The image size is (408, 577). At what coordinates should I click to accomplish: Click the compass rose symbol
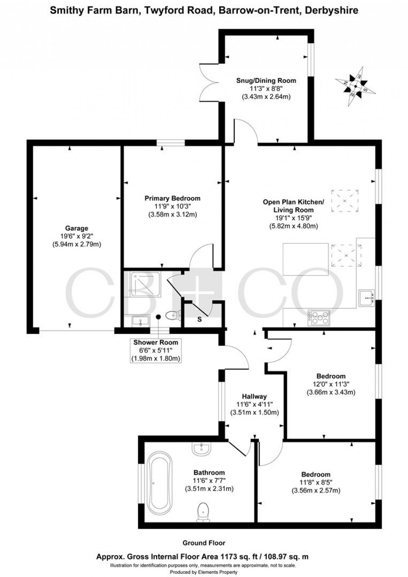pos(355,86)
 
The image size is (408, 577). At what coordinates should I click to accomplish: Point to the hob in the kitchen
pos(318,318)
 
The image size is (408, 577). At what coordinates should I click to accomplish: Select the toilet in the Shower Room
pos(173,315)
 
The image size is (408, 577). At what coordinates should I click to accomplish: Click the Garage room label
pos(77,228)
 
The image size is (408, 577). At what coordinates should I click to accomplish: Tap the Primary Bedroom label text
pos(172,198)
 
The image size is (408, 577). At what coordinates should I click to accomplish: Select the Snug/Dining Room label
pos(266,80)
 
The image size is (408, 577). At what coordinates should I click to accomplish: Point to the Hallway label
pos(254,396)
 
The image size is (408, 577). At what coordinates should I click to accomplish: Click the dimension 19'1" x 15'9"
pos(293,218)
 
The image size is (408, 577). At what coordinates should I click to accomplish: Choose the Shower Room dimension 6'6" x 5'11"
pos(156,350)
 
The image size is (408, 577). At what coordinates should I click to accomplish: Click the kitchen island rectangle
pos(306,259)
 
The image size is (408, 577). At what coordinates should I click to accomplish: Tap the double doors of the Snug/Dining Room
pos(209,84)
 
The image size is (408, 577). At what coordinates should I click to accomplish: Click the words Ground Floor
pos(204,543)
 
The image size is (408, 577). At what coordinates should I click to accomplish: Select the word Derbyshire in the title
pos(332,10)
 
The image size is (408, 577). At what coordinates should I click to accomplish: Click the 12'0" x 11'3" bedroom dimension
pos(331,384)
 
